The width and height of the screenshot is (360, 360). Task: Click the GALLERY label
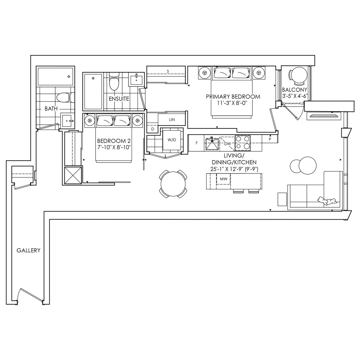28,250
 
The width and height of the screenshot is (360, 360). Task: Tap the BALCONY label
295,90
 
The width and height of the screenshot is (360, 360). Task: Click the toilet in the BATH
65,97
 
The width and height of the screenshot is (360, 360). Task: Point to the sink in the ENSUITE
136,79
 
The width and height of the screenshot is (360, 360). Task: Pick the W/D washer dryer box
172,140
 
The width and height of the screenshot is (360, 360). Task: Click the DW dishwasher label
227,144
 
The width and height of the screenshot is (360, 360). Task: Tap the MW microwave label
223,179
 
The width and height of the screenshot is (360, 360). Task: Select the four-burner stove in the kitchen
243,143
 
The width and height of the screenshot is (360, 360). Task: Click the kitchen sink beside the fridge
212,144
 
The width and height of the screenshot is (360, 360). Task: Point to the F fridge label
196,143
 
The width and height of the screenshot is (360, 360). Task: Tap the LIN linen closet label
172,120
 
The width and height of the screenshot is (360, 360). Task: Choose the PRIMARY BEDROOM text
233,97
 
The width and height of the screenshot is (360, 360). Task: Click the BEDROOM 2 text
114,141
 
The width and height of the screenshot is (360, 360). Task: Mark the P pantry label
270,139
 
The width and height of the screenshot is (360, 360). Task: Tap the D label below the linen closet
153,129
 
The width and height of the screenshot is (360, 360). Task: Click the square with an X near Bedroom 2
73,175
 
